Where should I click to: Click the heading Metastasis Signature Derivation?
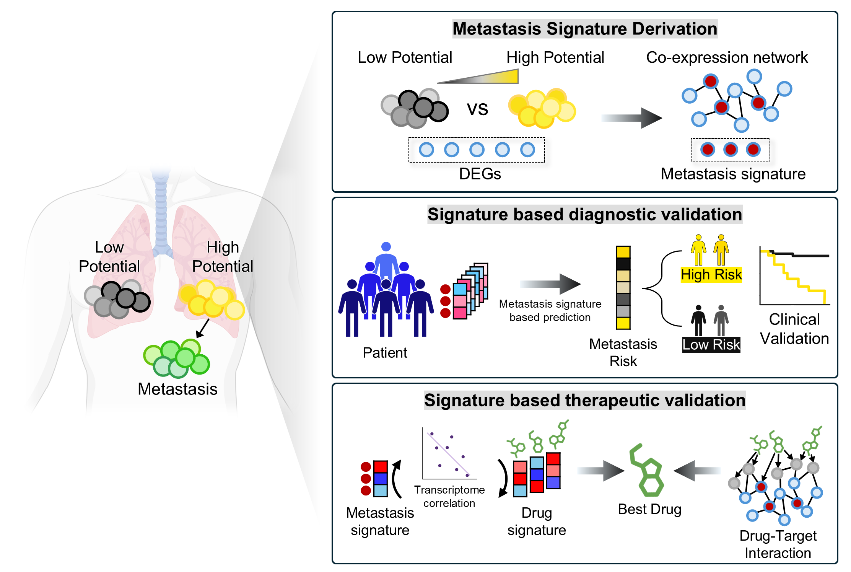click(584, 29)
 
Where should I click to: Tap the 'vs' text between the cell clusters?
click(477, 109)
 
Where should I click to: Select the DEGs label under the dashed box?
click(480, 174)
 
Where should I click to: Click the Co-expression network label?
click(727, 57)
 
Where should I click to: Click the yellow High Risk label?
click(711, 275)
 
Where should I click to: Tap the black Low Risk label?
click(711, 345)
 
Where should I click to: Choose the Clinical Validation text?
click(794, 329)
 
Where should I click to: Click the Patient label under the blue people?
click(385, 352)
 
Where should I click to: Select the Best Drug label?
click(649, 509)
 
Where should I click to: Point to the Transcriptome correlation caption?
click(449, 496)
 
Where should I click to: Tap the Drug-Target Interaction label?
click(778, 544)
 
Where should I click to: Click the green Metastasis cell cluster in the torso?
click(177, 358)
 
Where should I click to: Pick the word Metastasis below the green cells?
click(177, 389)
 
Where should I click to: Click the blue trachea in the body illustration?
click(161, 214)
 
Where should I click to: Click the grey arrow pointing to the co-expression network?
click(631, 118)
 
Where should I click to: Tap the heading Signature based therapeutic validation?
click(584, 400)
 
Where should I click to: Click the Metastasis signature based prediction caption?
click(550, 310)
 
